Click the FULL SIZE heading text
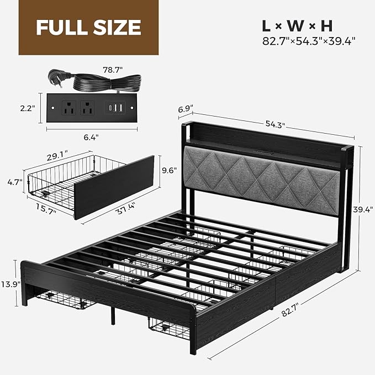(88, 27)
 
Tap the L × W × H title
(297, 26)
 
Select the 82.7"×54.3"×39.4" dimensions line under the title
(309, 41)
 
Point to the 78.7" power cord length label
(113, 70)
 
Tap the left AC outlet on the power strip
(69, 108)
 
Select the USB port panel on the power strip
(115, 108)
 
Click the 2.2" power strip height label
(28, 108)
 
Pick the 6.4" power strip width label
(91, 138)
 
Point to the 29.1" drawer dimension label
(57, 157)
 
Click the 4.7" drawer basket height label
(15, 182)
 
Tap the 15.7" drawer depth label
(46, 209)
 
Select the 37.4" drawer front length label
(125, 209)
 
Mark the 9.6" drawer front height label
(170, 170)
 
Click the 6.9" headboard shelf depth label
(186, 109)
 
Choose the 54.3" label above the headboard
(276, 124)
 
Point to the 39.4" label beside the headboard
(363, 210)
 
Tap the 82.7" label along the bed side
(291, 310)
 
